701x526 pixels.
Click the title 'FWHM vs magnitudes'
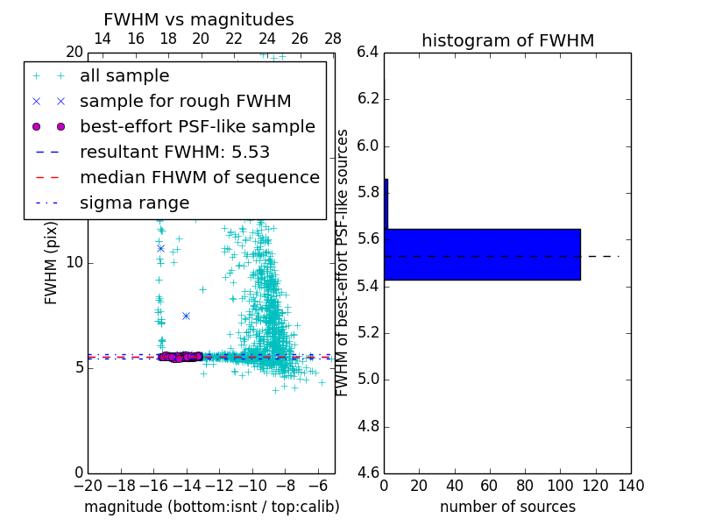pyautogui.click(x=198, y=19)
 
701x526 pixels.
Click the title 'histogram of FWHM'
pyautogui.click(x=507, y=40)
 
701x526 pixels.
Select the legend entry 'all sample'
pyautogui.click(x=124, y=76)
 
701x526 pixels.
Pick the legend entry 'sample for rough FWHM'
pyautogui.click(x=185, y=101)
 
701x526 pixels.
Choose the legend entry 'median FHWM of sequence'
pyautogui.click(x=199, y=177)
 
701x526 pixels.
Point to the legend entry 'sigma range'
pyautogui.click(x=134, y=203)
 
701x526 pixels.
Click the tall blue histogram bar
pyautogui.click(x=482, y=254)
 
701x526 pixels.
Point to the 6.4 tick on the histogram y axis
pyautogui.click(x=368, y=53)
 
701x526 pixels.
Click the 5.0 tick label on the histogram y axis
pyautogui.click(x=368, y=380)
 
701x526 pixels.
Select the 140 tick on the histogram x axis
pyautogui.click(x=631, y=485)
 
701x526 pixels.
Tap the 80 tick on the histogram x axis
pyautogui.click(x=525, y=485)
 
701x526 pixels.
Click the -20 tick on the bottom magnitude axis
pyautogui.click(x=88, y=485)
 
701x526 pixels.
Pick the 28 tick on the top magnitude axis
pyautogui.click(x=333, y=39)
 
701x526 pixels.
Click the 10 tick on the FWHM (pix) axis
pyautogui.click(x=74, y=263)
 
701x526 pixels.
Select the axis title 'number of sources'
pyautogui.click(x=507, y=507)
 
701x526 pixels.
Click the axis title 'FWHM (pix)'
pyautogui.click(x=52, y=263)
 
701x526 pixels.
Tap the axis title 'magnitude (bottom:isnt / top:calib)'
pyautogui.click(x=211, y=507)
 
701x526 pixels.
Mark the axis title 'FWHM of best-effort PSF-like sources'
pyautogui.click(x=343, y=263)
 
